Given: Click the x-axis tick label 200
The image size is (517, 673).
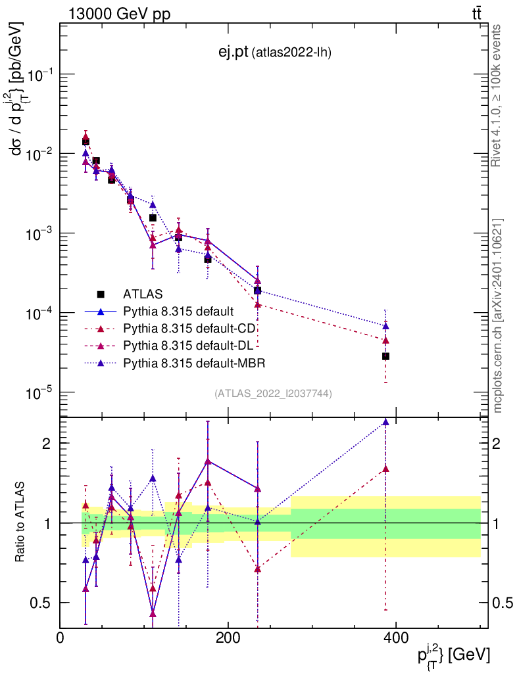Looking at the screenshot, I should pyautogui.click(x=228, y=638).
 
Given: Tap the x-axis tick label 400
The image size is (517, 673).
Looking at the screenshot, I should pyautogui.click(x=395, y=638).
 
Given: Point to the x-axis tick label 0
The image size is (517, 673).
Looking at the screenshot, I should pyautogui.click(x=61, y=638).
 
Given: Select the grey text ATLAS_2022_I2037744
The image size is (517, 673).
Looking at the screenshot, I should pyautogui.click(x=273, y=394).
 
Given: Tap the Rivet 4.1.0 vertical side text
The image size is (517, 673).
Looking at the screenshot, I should pyautogui.click(x=497, y=95).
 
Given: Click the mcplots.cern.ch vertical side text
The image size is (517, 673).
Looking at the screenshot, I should pyautogui.click(x=497, y=315).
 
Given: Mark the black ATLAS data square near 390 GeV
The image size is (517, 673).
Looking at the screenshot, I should pyautogui.click(x=385, y=356).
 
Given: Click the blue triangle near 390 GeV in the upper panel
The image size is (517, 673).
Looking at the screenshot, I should pyautogui.click(x=385, y=326).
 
